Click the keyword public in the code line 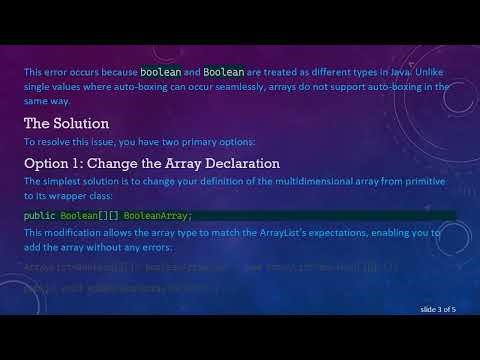click(x=40, y=215)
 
